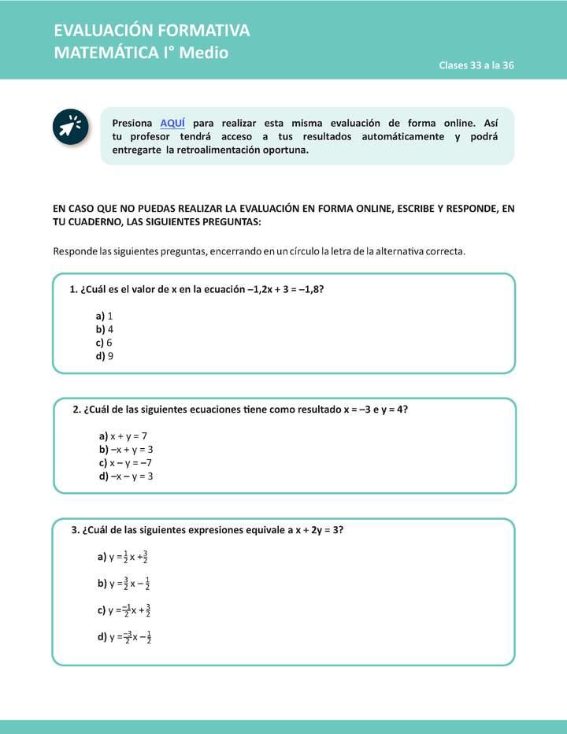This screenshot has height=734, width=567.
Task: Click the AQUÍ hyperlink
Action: (172, 124)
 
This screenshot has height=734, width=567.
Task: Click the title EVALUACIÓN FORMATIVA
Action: (152, 31)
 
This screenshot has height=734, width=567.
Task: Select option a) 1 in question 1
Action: (104, 315)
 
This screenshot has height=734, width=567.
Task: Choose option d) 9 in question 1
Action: (105, 356)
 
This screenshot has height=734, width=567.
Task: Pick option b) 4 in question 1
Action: (105, 329)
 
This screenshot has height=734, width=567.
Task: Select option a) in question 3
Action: (123, 557)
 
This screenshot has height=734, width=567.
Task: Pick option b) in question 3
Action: (124, 584)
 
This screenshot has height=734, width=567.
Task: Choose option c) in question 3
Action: (124, 610)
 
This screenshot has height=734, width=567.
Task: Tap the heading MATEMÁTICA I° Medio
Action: (141, 54)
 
